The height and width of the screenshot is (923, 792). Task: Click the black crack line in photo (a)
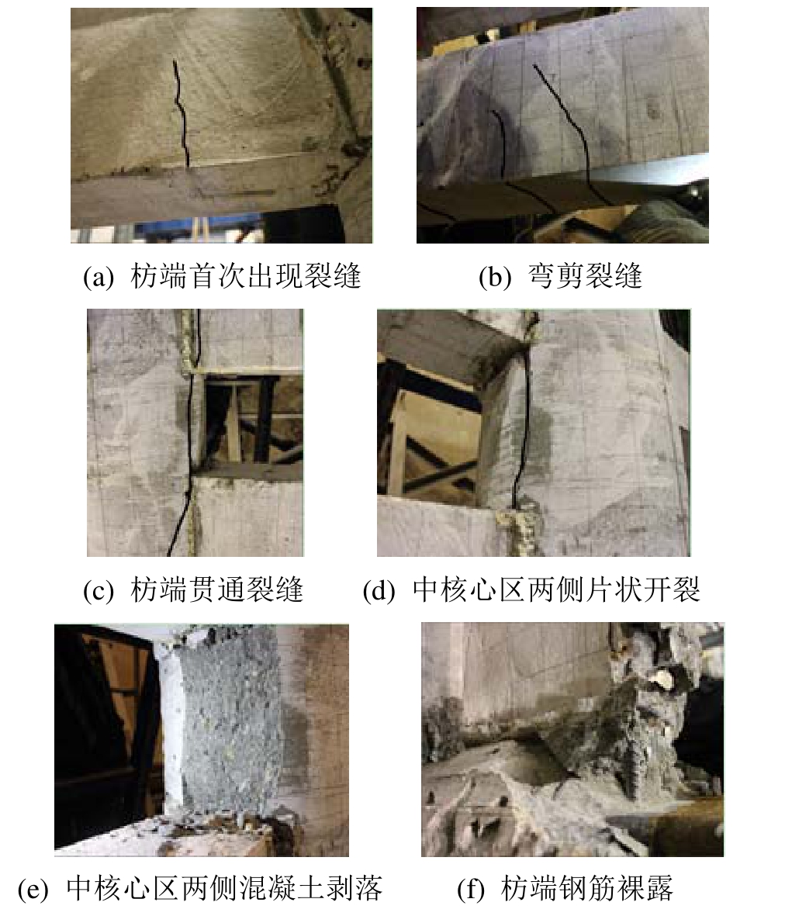[181, 112]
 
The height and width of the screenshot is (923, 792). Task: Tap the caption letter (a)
[99, 277]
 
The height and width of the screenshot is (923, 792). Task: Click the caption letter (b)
[495, 277]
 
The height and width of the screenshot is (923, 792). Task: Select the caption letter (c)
[99, 590]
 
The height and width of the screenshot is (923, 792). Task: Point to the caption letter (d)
[379, 590]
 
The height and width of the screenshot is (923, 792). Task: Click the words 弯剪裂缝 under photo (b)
[584, 277]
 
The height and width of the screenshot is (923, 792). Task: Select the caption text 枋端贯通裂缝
[216, 589]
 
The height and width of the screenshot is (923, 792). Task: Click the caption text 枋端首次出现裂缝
[246, 277]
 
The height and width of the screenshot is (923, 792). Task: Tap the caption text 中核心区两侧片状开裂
[556, 589]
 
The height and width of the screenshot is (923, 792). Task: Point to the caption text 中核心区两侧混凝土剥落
[224, 889]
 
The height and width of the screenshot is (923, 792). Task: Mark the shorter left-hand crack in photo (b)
[504, 153]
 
